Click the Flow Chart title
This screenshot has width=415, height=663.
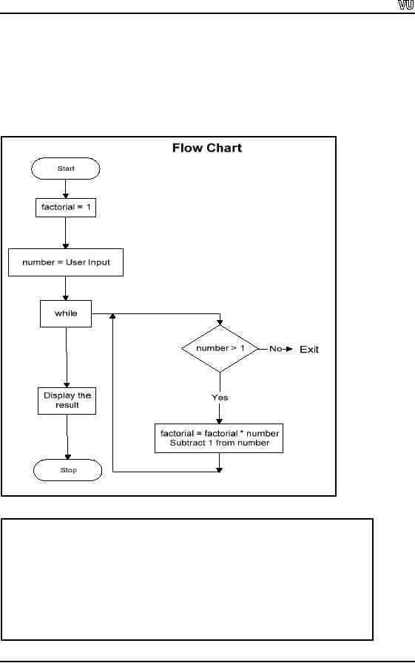tap(207, 148)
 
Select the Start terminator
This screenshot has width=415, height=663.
tap(66, 169)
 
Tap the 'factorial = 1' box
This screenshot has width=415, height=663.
tap(66, 208)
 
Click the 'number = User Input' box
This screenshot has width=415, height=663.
tap(66, 262)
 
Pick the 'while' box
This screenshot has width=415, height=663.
tap(66, 313)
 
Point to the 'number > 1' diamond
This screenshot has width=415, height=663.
tap(220, 349)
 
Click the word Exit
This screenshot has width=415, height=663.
tap(309, 350)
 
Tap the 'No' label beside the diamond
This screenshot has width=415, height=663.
tap(275, 349)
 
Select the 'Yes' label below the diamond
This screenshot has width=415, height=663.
tap(220, 398)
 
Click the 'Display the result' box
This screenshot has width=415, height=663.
tap(67, 401)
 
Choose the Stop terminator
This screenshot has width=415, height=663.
tap(67, 470)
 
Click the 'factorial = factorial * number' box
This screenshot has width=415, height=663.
tap(219, 438)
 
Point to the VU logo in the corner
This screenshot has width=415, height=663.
tap(405, 5)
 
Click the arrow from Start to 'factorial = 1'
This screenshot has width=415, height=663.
tap(66, 189)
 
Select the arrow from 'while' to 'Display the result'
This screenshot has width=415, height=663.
tap(67, 357)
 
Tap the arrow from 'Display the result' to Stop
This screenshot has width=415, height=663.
tap(67, 437)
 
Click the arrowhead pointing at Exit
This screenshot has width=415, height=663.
tap(289, 349)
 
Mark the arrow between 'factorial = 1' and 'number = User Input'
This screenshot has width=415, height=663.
tap(66, 233)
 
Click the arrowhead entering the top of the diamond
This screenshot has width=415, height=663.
tap(220, 322)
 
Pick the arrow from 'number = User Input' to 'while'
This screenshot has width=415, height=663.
tap(66, 288)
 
